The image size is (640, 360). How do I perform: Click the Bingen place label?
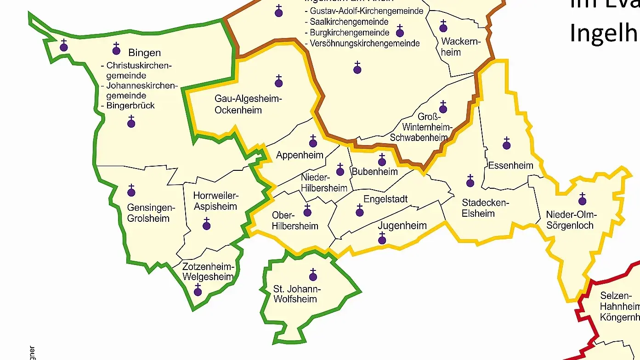(x=144, y=53)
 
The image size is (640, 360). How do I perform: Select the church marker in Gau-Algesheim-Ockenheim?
(x=279, y=82)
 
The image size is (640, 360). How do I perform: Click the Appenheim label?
(x=300, y=155)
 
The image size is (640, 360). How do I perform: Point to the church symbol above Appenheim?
(x=313, y=142)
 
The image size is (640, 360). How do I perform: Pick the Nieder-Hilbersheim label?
(x=324, y=183)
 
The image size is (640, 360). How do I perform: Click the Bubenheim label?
(x=374, y=172)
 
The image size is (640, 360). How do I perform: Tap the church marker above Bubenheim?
(x=382, y=161)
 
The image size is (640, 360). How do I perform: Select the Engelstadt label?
(x=385, y=199)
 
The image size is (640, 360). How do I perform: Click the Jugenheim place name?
(x=402, y=226)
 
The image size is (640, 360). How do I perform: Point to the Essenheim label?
(x=510, y=165)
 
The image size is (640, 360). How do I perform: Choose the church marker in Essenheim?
(x=507, y=145)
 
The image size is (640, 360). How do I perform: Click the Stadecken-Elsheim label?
(x=478, y=208)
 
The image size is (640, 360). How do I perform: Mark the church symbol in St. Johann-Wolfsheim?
(x=313, y=276)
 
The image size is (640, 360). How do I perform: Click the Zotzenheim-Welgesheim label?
(x=208, y=272)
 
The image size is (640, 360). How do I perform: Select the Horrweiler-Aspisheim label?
(x=215, y=201)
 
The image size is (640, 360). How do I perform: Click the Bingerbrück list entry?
(x=130, y=106)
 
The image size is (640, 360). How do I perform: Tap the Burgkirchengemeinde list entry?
(x=349, y=33)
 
